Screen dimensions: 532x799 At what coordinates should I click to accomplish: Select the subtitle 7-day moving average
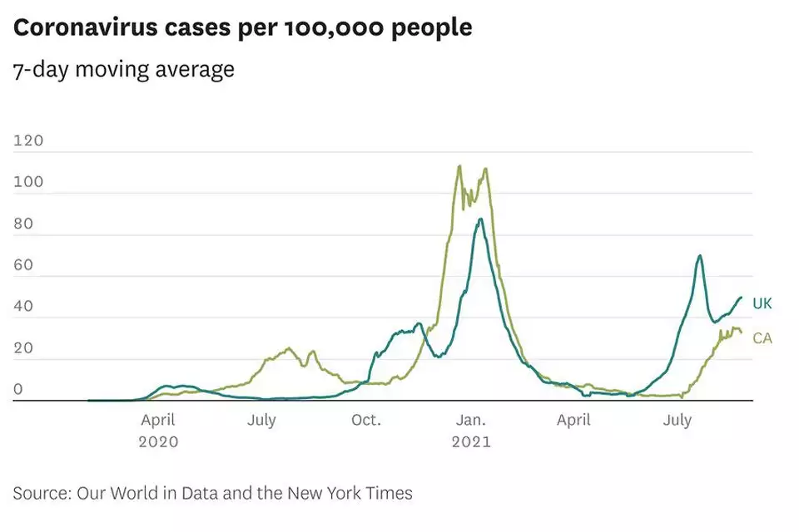(123, 69)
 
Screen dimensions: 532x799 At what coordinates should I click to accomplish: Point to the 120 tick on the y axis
(28, 140)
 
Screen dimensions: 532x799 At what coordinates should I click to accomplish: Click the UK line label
(762, 303)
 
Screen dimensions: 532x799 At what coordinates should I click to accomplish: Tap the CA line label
(762, 338)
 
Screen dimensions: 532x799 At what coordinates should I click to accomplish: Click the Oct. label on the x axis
(366, 421)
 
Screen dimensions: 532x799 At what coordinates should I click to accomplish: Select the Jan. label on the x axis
(471, 421)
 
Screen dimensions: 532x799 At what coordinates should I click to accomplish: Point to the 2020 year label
(158, 442)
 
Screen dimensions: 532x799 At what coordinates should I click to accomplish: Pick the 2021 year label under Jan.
(471, 442)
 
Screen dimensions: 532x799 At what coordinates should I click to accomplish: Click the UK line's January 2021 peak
(480, 219)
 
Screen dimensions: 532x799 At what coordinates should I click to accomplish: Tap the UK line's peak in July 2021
(700, 256)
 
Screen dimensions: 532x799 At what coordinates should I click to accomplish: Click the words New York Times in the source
(350, 493)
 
